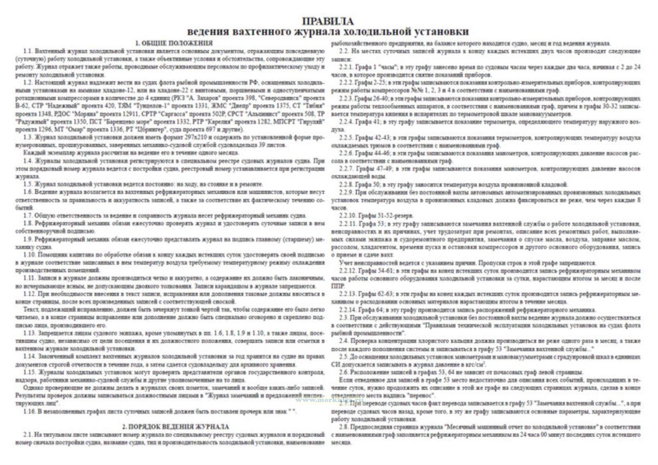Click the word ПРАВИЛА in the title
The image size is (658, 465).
[328, 21]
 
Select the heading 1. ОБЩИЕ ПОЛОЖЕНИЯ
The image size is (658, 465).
[174, 43]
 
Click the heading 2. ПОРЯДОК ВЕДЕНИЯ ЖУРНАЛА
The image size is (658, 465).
[175, 427]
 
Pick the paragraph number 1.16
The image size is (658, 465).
[30, 411]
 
